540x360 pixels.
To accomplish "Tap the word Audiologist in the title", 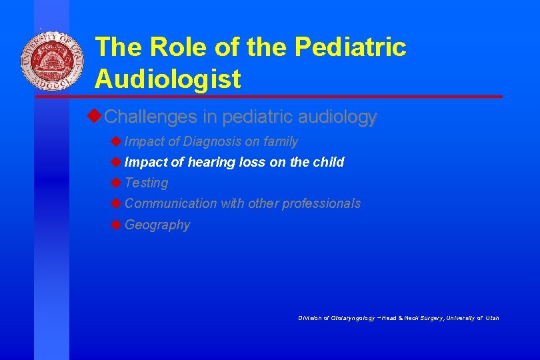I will tap(167, 79).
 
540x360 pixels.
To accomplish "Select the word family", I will tap(281, 141).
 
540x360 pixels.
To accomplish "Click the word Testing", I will tap(146, 183).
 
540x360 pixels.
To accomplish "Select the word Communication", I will tap(171, 203).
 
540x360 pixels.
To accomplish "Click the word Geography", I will tap(157, 225).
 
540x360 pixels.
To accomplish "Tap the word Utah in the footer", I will tap(492, 318).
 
